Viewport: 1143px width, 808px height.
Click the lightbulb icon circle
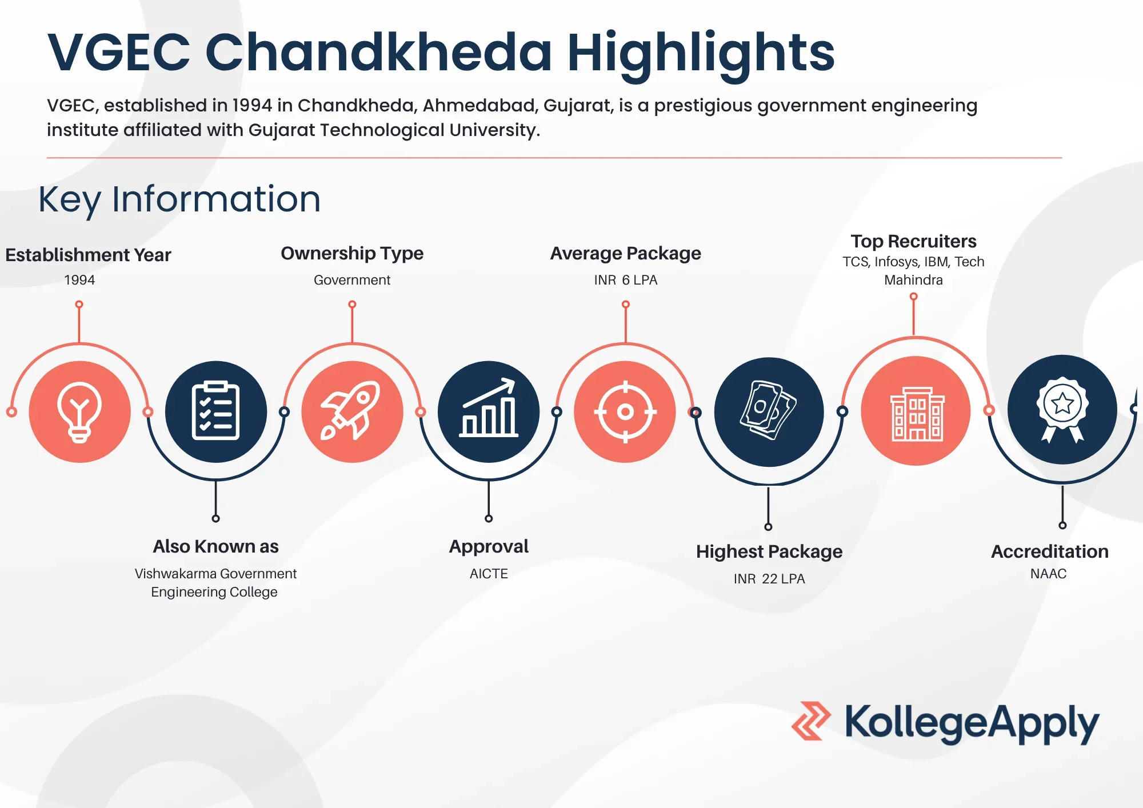coord(79,411)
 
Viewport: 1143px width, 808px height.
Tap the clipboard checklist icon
coord(215,411)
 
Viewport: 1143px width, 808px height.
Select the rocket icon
coord(352,411)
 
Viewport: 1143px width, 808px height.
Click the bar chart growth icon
coord(489,411)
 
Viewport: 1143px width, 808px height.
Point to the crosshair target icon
coord(625,411)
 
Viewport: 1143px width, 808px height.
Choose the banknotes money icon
coord(769,411)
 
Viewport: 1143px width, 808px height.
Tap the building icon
coord(916,411)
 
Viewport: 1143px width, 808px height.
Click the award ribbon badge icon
coord(1062,410)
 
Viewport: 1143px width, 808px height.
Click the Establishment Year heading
coord(88,255)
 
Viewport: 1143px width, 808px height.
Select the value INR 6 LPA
coord(625,280)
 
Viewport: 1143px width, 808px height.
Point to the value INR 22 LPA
coord(769,579)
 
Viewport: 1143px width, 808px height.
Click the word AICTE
coord(489,574)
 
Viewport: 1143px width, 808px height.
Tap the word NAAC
coord(1048,574)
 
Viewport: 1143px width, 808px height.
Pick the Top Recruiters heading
coord(913,241)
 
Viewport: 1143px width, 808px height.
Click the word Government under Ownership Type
coord(352,280)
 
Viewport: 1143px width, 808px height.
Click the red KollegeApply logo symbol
coord(810,721)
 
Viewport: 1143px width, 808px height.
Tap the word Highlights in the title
coord(701,53)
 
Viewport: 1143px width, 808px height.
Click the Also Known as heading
coord(215,547)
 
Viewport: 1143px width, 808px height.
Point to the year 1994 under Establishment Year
coord(79,280)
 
